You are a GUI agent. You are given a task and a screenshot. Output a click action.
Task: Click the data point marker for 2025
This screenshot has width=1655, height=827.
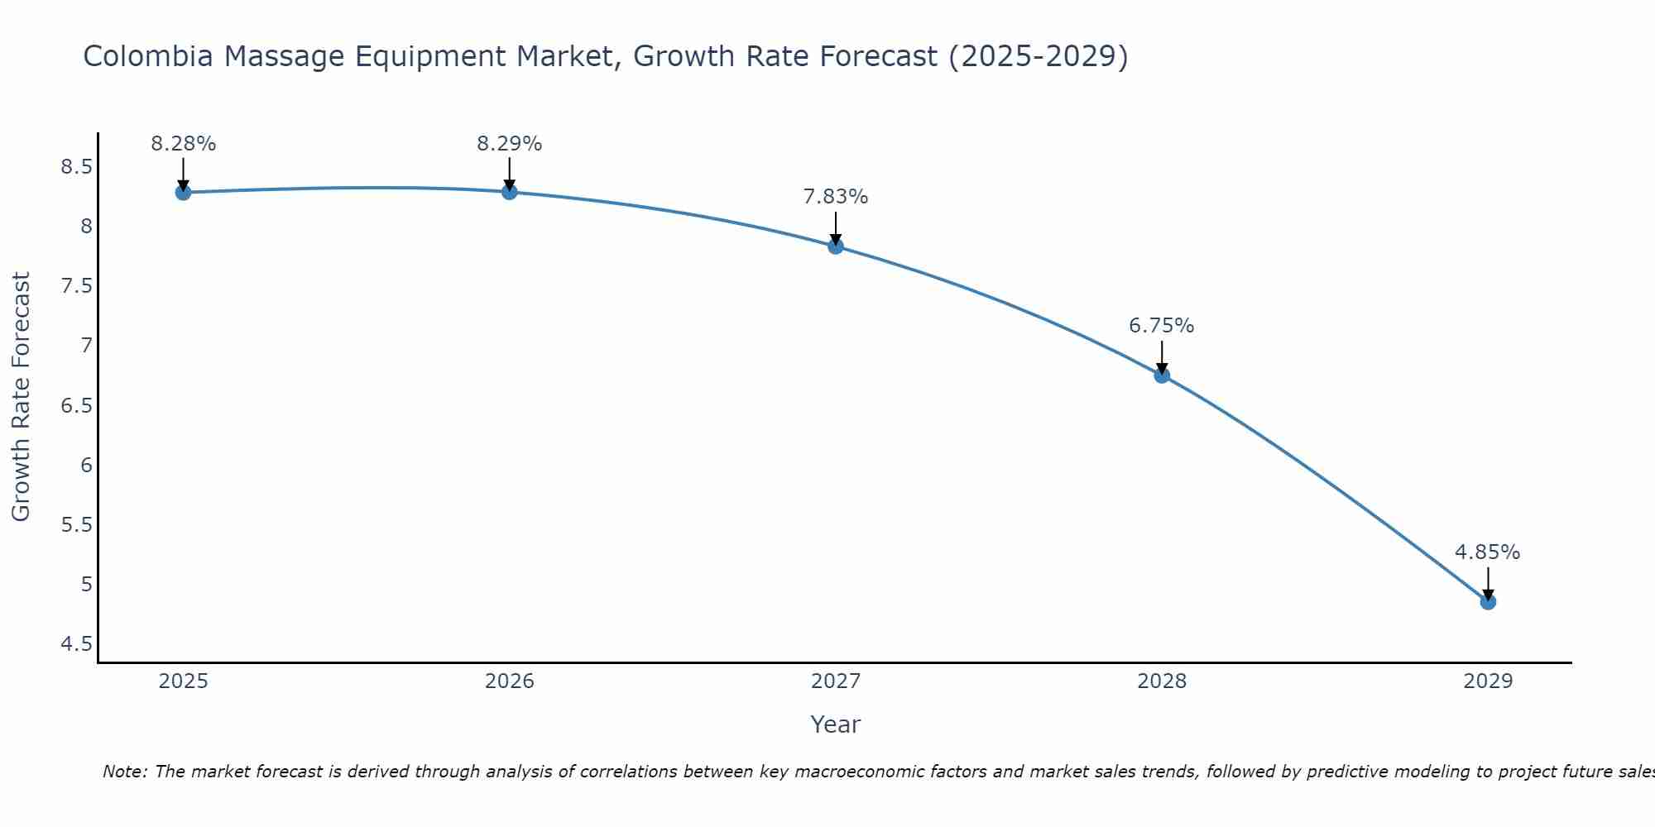(183, 193)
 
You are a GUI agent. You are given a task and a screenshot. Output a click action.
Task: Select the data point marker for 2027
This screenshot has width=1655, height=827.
(835, 246)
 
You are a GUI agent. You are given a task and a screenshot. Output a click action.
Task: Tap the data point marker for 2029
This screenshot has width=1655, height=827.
(1488, 602)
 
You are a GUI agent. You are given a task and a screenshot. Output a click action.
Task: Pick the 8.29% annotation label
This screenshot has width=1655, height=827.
(509, 144)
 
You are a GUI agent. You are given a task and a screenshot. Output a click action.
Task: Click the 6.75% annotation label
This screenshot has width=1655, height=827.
(1161, 326)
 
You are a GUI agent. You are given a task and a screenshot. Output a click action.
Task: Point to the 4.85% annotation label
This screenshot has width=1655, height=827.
(1487, 552)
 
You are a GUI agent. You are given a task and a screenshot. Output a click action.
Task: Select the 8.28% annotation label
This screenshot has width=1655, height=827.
(183, 144)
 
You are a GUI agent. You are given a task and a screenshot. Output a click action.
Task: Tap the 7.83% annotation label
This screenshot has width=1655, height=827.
(835, 197)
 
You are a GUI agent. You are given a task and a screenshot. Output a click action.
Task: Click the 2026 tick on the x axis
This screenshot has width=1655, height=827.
(509, 681)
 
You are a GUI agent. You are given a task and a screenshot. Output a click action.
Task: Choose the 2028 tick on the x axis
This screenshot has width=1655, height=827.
(1161, 681)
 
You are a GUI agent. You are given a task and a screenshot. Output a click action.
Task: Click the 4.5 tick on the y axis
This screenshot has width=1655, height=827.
(76, 644)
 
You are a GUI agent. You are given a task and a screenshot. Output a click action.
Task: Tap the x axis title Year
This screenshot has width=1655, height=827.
(835, 724)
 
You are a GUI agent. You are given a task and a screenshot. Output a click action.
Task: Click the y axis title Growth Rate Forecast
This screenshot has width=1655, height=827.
(21, 397)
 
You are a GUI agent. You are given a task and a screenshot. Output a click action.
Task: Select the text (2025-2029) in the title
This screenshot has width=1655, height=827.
(1038, 56)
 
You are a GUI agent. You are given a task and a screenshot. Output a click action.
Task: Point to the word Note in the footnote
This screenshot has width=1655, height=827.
(123, 772)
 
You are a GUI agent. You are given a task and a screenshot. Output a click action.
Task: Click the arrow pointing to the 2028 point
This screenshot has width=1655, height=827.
(1161, 357)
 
